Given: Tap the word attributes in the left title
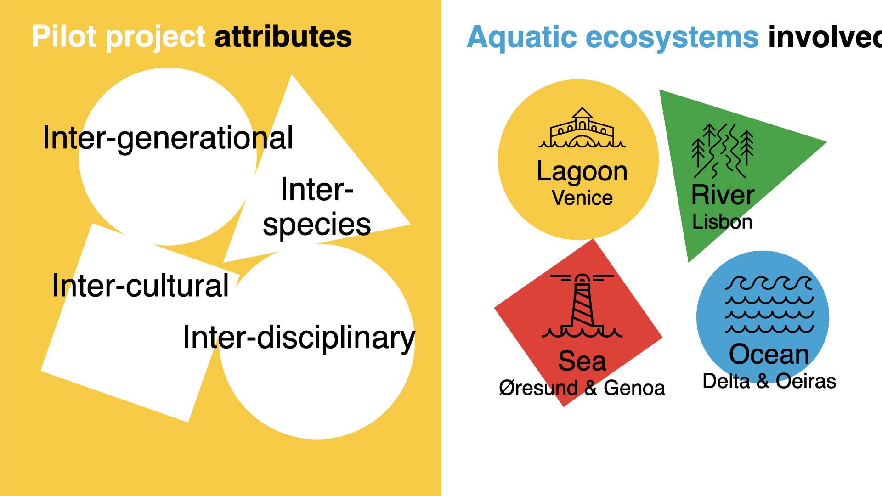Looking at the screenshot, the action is pyautogui.click(x=283, y=37).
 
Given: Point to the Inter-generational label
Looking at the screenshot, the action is pyautogui.click(x=168, y=138).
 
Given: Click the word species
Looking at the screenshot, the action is pyautogui.click(x=317, y=225).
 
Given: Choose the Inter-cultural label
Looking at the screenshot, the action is pyautogui.click(x=140, y=285).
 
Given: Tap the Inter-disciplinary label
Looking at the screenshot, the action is pyautogui.click(x=299, y=338).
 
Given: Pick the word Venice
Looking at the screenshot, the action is pyautogui.click(x=582, y=198).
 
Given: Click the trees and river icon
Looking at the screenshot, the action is pyautogui.click(x=723, y=151).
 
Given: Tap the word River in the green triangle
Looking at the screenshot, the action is pyautogui.click(x=723, y=195).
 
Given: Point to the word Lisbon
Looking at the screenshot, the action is pyautogui.click(x=722, y=222).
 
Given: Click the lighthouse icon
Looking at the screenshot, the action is pyautogui.click(x=582, y=306).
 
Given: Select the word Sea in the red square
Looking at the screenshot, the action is pyautogui.click(x=582, y=361).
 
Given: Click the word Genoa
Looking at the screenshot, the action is pyautogui.click(x=634, y=388).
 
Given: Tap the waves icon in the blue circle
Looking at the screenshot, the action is pyautogui.click(x=769, y=304).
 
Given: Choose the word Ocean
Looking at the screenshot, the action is pyautogui.click(x=769, y=354).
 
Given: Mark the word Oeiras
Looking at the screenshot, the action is pyautogui.click(x=806, y=381).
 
